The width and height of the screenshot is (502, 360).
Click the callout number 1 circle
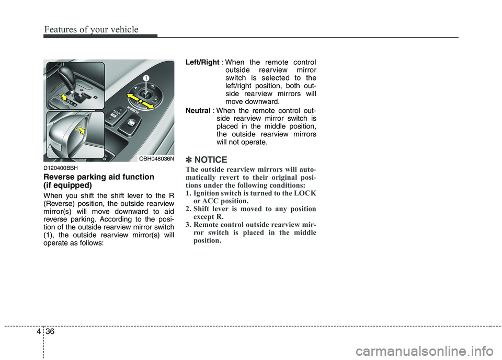pyautogui.click(x=147, y=78)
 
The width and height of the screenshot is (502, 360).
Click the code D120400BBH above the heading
pyautogui.click(x=61, y=168)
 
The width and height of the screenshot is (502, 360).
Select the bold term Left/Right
pyautogui.click(x=202, y=63)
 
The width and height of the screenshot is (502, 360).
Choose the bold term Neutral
pyautogui.click(x=198, y=110)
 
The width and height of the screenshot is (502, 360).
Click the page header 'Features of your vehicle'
pyautogui.click(x=91, y=30)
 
